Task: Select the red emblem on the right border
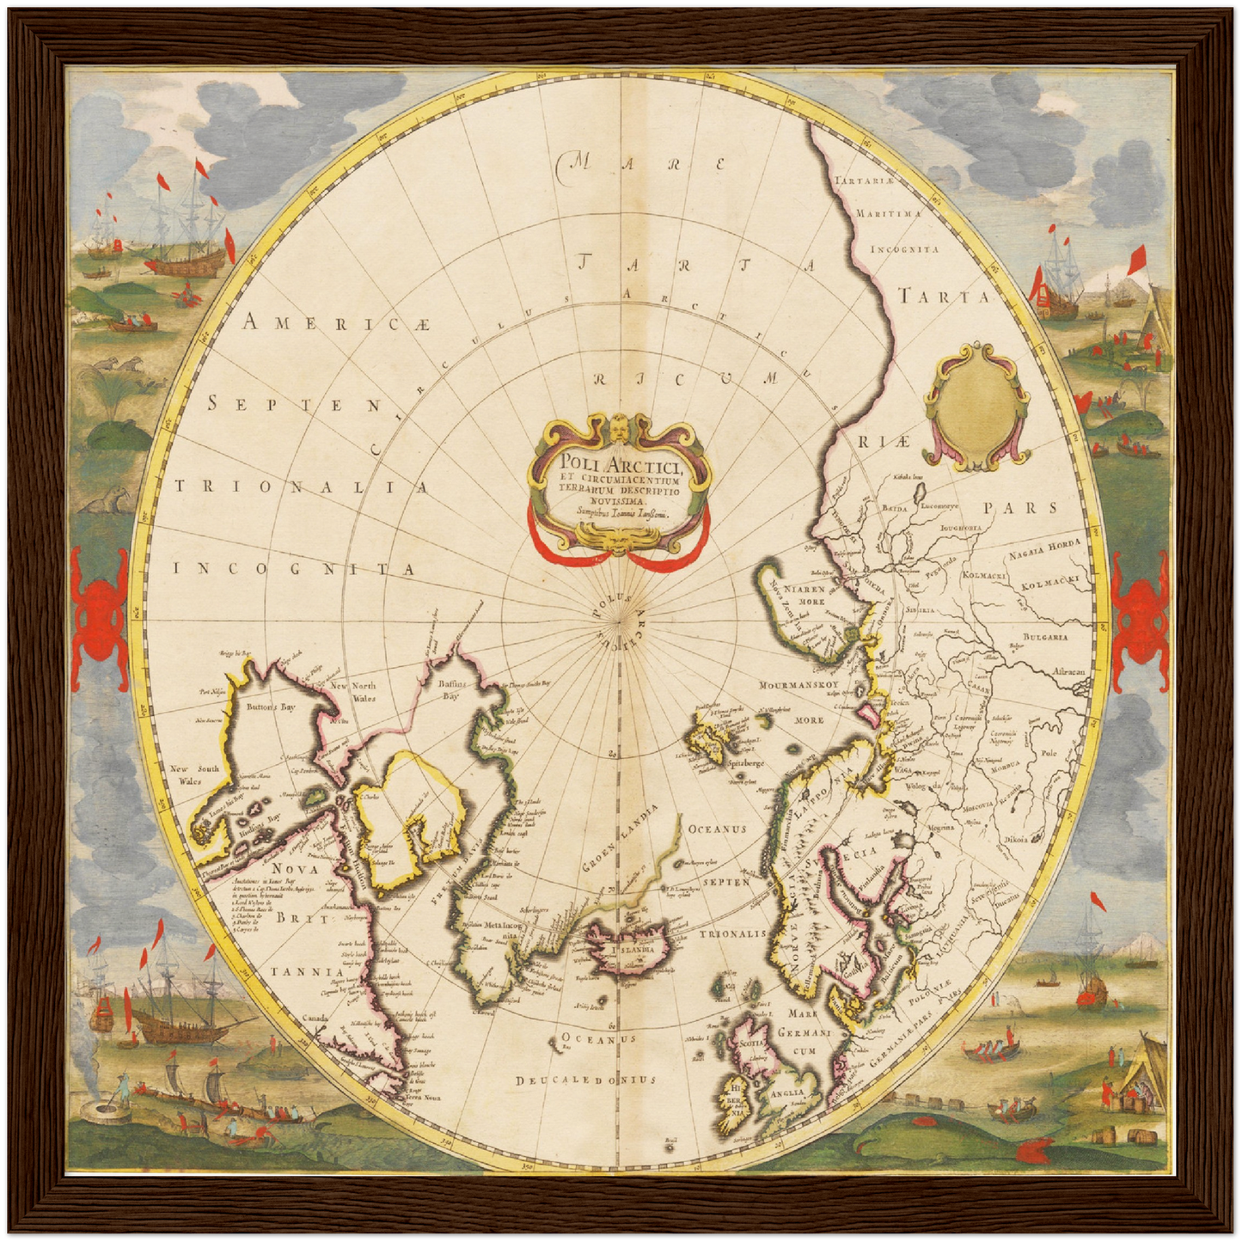click(x=1141, y=617)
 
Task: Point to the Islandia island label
click(x=633, y=950)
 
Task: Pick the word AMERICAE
click(x=335, y=323)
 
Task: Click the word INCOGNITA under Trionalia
click(x=294, y=569)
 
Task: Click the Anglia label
click(x=786, y=1093)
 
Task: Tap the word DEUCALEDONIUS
click(x=586, y=1080)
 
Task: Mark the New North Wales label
click(x=352, y=692)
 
